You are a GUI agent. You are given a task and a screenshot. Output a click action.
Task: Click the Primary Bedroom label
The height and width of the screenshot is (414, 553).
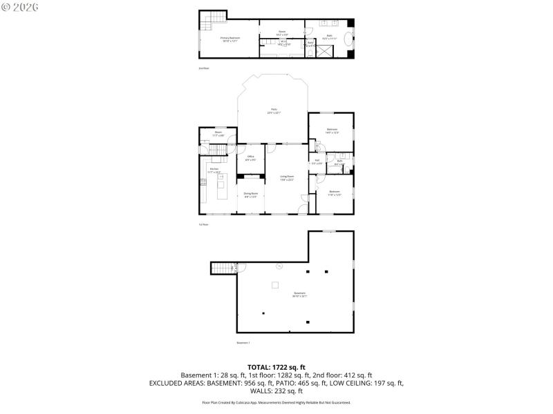[x=229, y=39]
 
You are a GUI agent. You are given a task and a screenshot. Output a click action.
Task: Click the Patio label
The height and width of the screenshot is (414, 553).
[x=274, y=112]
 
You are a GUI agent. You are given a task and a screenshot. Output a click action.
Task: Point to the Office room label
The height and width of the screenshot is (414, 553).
[x=251, y=158]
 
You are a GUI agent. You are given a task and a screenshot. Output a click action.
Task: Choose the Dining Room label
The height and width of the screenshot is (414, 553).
[x=251, y=195]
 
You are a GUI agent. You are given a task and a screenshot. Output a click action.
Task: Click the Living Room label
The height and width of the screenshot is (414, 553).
[x=287, y=178]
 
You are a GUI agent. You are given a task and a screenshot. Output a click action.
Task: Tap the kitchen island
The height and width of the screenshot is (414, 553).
[x=222, y=187]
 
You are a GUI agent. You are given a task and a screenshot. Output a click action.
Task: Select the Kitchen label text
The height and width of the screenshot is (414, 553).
[x=214, y=170]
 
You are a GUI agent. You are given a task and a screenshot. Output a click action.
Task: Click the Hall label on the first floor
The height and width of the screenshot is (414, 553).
[x=317, y=162]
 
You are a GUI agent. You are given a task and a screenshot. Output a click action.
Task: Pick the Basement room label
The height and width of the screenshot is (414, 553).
[x=300, y=295]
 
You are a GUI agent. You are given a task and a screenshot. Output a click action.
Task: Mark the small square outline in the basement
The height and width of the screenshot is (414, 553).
[x=274, y=284]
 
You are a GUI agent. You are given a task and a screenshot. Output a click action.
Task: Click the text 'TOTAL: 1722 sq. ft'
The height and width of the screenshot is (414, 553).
[x=276, y=366]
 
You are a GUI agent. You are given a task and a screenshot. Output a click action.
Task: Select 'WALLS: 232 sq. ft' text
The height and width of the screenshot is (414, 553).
[x=276, y=391]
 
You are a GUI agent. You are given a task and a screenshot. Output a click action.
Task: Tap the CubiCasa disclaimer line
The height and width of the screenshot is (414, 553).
[x=276, y=402]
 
